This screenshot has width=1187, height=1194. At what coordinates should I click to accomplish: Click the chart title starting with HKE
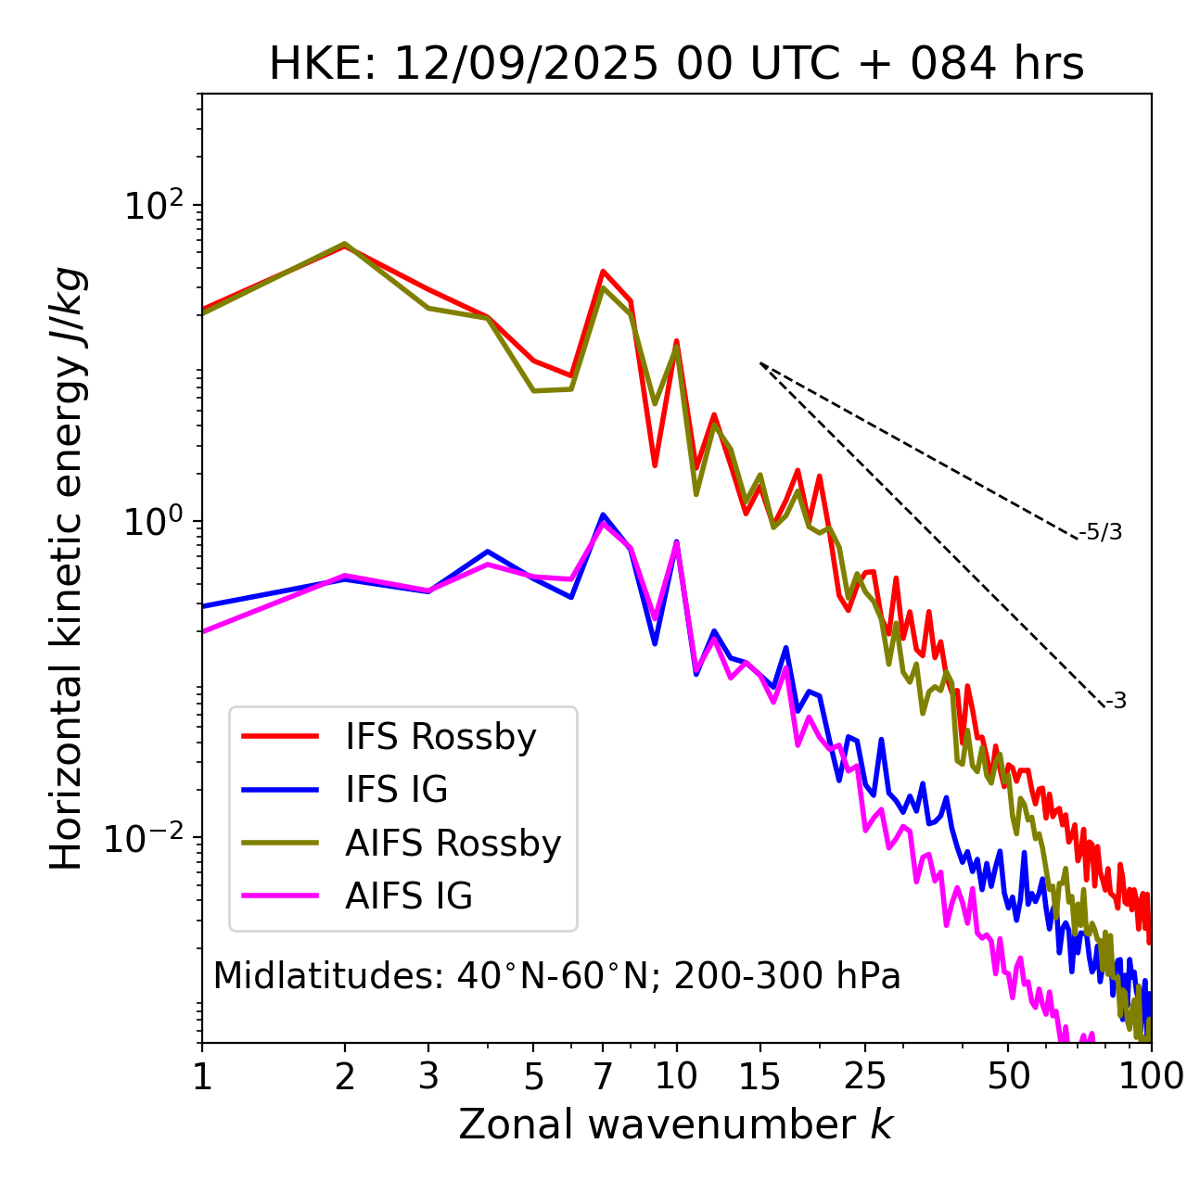click(x=676, y=65)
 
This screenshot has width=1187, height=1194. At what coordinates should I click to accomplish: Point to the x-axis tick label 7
click(x=603, y=1076)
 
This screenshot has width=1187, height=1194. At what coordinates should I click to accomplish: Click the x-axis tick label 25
click(x=864, y=1076)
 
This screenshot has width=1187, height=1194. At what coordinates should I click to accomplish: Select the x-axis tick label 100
click(x=1151, y=1076)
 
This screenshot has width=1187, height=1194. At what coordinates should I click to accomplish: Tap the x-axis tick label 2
click(x=345, y=1076)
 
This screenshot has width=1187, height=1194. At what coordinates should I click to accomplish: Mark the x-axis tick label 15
click(x=759, y=1076)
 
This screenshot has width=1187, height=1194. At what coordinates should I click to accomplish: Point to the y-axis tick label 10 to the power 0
click(x=152, y=521)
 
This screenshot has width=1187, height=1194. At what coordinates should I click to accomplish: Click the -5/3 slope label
click(x=1101, y=532)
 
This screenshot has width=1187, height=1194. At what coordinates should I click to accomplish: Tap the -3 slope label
click(x=1117, y=702)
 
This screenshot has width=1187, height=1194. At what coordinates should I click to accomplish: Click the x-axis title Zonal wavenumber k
click(x=676, y=1125)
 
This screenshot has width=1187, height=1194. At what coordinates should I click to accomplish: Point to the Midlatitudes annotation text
click(x=556, y=976)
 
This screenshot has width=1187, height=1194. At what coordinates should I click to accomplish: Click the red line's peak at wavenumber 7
click(x=603, y=272)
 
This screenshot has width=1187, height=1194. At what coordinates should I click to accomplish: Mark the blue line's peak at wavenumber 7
click(x=603, y=514)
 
